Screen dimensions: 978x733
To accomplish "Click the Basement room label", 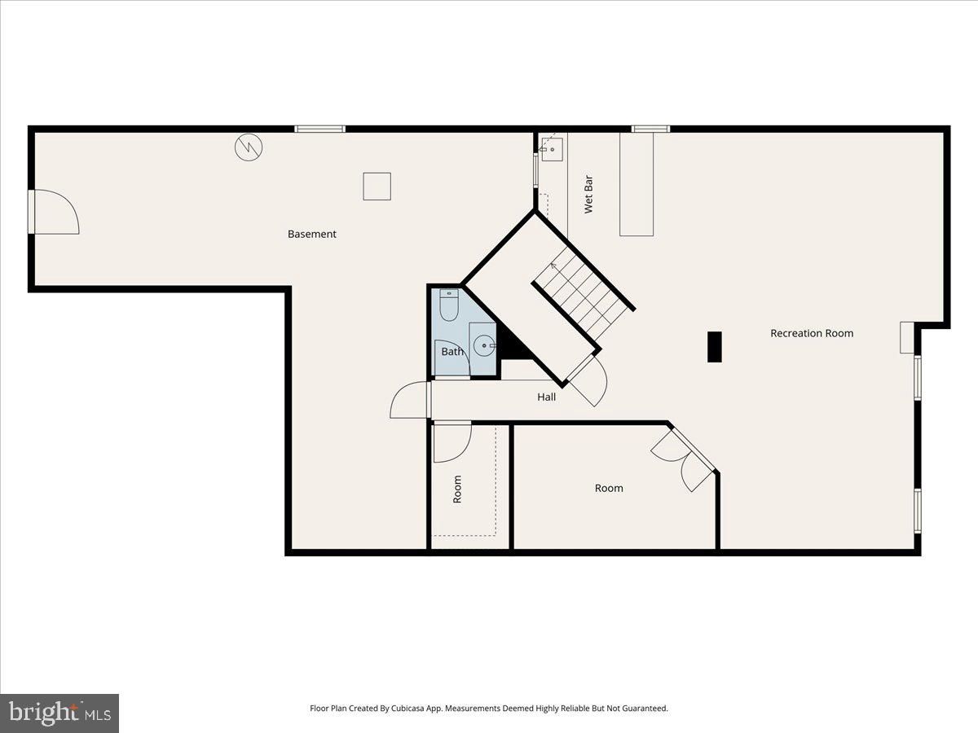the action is click(x=312, y=234).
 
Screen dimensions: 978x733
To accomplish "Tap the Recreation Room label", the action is click(x=812, y=333).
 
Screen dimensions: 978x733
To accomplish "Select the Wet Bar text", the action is click(x=588, y=195).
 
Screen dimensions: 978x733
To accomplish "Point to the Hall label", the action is click(x=546, y=397).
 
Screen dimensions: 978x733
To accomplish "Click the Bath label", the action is click(x=452, y=352).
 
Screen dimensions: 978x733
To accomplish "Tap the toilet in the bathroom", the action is click(x=449, y=305).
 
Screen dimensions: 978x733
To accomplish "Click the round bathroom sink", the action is click(x=484, y=346).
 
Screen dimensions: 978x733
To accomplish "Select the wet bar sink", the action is click(x=552, y=150).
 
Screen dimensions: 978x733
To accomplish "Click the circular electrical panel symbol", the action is click(x=249, y=147).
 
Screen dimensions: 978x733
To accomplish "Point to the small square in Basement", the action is click(x=377, y=187).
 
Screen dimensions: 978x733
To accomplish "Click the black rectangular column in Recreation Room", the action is click(x=715, y=347).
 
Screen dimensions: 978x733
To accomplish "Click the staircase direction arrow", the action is click(x=554, y=266).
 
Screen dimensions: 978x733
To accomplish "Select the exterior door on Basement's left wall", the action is click(x=54, y=212).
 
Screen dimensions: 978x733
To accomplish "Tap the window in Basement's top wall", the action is click(x=320, y=129).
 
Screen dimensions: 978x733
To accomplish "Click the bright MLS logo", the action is click(x=59, y=713).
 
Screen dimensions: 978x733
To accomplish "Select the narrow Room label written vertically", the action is click(x=457, y=489).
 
